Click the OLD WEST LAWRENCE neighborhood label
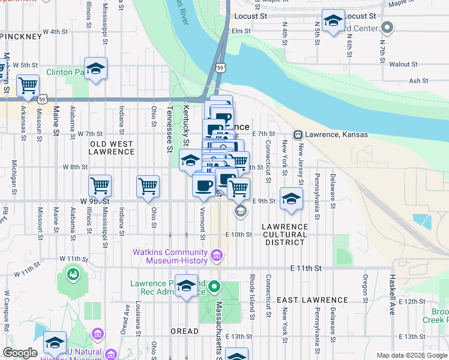coord(112,148)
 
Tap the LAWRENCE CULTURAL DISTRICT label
coord(284,234)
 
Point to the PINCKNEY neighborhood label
coord(22,37)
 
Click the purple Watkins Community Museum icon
coord(217,257)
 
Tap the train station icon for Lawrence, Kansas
coord(297,134)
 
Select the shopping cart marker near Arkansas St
coord(28,86)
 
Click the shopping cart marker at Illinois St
coord(100,185)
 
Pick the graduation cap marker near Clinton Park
coord(95,69)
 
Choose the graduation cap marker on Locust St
coord(333,22)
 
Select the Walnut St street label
coord(403,64)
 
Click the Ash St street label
coord(418,80)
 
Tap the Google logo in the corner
coord(20,353)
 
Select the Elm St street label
coord(241,31)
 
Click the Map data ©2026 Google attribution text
coord(411,355)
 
